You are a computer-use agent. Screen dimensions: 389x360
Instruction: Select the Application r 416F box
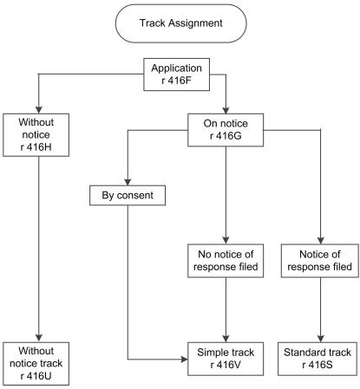[x=180, y=75]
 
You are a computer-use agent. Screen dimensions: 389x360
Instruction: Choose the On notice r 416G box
[x=226, y=126]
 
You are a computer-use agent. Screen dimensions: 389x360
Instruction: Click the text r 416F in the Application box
[x=180, y=82]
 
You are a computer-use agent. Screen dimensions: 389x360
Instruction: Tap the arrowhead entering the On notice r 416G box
[x=226, y=108]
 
